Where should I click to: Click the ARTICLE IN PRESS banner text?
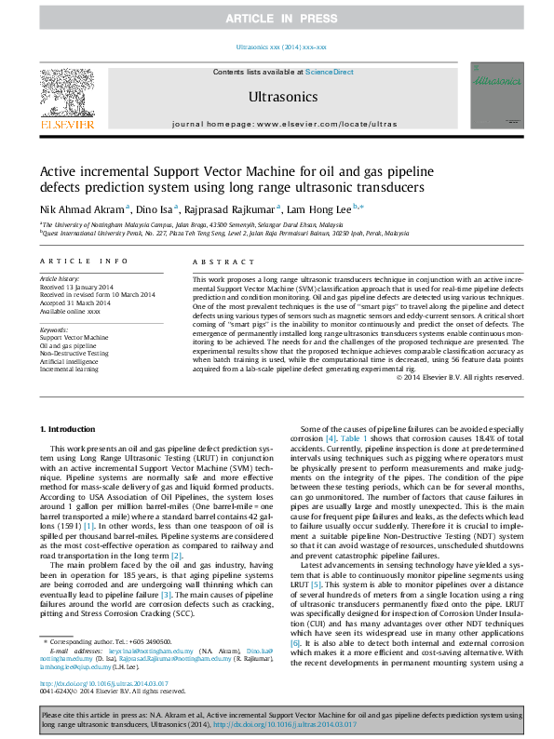pos(277,18)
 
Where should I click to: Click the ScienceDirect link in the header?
pos(330,72)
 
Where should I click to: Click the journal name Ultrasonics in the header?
pos(283,97)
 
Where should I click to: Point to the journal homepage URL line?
pos(284,123)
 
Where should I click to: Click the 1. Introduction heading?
pos(71,427)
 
